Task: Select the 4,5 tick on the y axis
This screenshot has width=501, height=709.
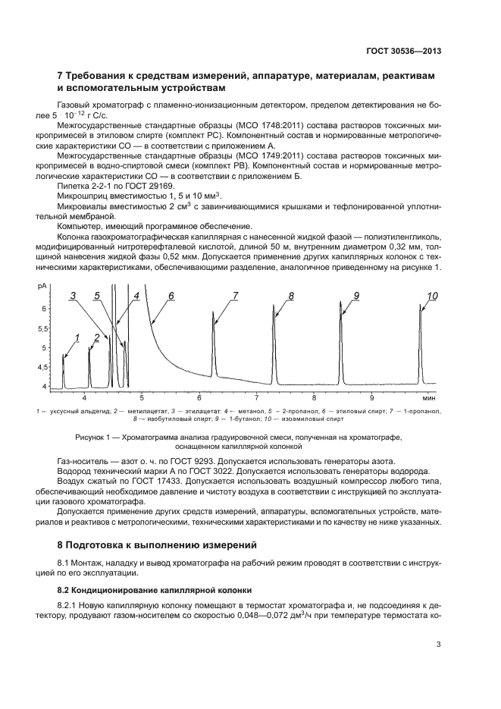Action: (42, 366)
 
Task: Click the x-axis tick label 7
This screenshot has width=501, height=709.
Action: (257, 397)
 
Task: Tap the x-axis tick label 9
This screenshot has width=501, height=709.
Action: (371, 397)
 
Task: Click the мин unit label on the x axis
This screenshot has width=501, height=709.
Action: (429, 397)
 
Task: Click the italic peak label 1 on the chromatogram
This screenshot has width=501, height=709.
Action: (77, 337)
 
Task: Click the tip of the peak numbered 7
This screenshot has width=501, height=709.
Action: (214, 312)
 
